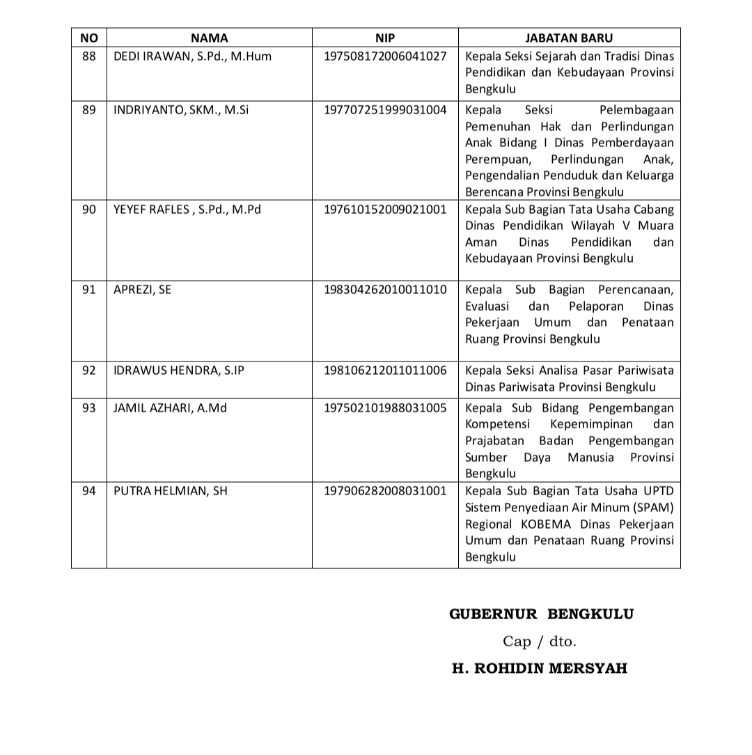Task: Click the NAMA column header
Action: click(209, 38)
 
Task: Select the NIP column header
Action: click(385, 38)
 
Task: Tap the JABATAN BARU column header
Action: click(569, 38)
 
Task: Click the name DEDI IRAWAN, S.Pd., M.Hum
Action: click(192, 56)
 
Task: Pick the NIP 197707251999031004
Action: click(385, 109)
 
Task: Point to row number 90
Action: click(89, 209)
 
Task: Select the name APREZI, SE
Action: click(142, 290)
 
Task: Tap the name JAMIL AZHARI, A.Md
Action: click(170, 407)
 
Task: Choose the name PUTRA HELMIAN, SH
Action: click(170, 491)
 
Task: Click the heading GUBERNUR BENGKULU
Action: click(541, 614)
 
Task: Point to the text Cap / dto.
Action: click(540, 641)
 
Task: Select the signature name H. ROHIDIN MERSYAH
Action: click(540, 669)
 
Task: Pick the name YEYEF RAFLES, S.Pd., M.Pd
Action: click(187, 209)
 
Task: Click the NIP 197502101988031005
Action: click(385, 407)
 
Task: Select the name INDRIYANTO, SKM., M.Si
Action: click(181, 109)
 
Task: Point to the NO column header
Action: click(89, 38)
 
